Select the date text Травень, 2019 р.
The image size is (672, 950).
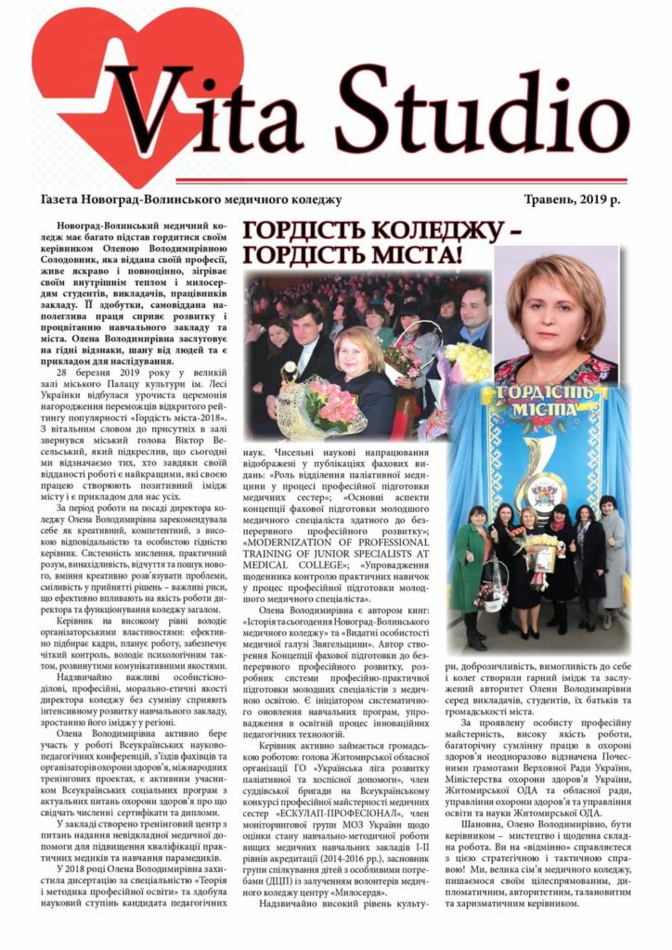(x=575, y=199)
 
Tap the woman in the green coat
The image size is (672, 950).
(x=472, y=566)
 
